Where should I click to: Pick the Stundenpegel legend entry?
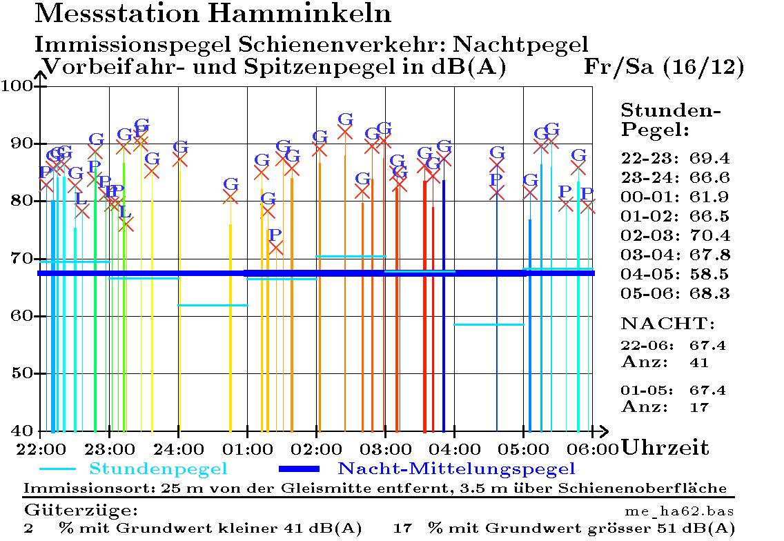click(x=158, y=469)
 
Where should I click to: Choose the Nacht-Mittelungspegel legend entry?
click(x=456, y=469)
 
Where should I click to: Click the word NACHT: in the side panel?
click(x=668, y=324)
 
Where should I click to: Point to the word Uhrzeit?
click(x=665, y=448)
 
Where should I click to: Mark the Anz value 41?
click(x=699, y=362)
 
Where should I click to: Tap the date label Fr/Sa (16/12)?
click(x=664, y=68)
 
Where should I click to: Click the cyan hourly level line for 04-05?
click(x=489, y=324)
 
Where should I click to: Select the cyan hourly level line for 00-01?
click(x=213, y=305)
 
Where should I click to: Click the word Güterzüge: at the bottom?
click(x=81, y=511)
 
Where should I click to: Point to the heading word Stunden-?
click(x=671, y=111)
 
